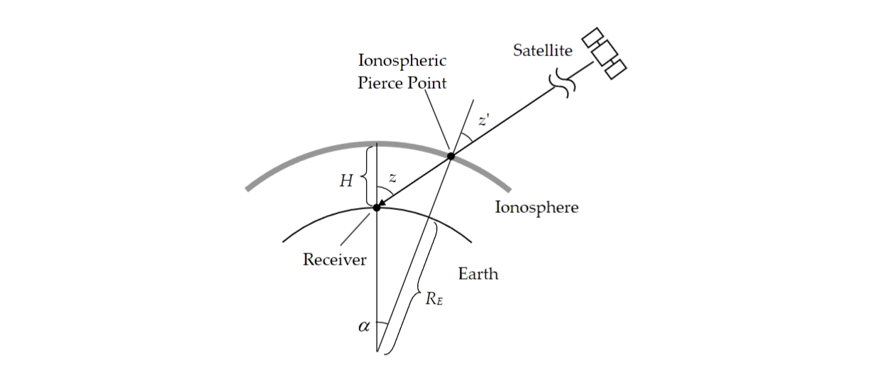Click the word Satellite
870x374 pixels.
click(543, 50)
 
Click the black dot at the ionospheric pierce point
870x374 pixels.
click(451, 155)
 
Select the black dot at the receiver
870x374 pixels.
click(378, 207)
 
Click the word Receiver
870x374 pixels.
click(334, 259)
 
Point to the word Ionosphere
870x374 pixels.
click(536, 208)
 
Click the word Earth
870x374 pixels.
click(478, 274)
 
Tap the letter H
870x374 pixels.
click(346, 181)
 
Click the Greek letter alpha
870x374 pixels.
click(365, 327)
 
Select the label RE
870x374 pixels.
click(434, 299)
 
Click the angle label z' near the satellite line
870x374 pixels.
click(483, 121)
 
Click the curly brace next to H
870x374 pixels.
click(364, 175)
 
